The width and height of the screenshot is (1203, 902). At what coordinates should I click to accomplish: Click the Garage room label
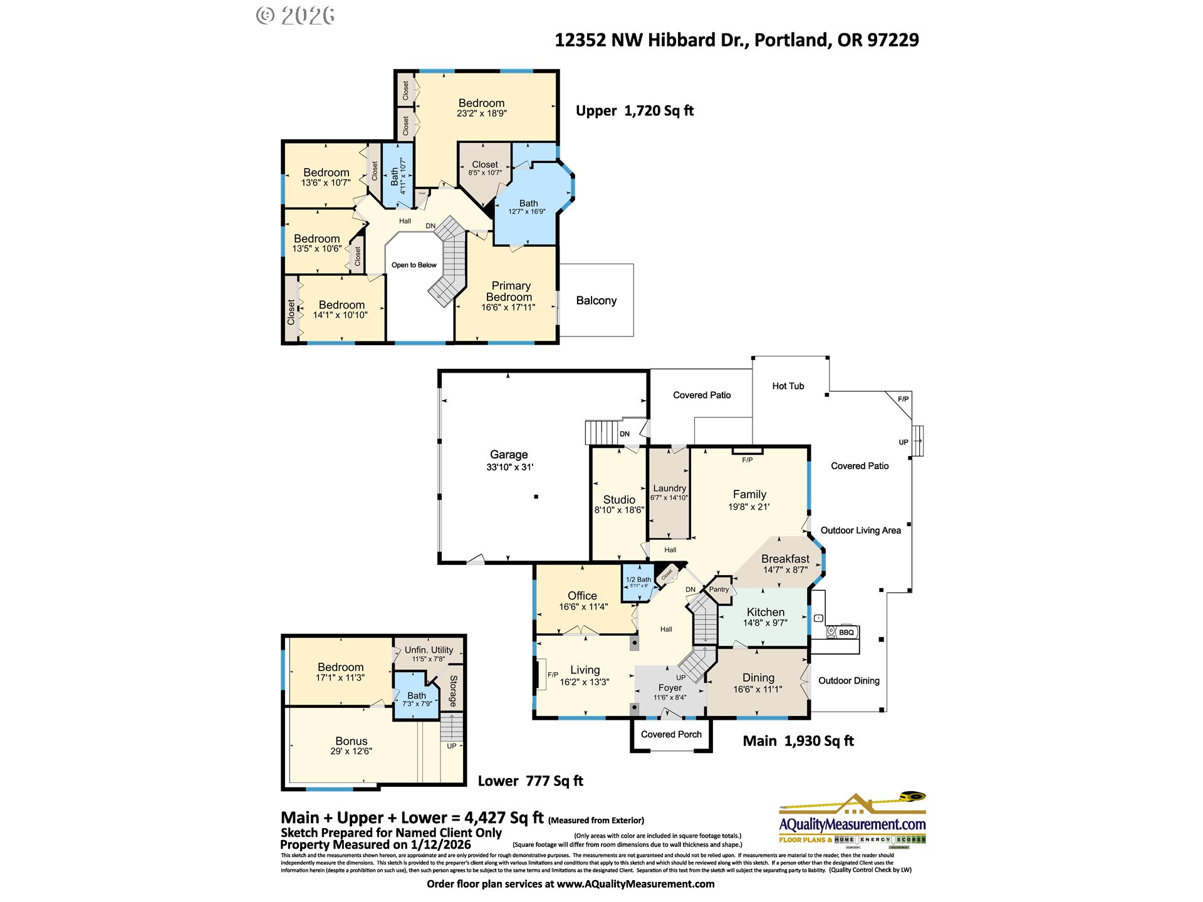pos(509,455)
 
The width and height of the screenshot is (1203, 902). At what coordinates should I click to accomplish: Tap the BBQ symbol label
pos(846,632)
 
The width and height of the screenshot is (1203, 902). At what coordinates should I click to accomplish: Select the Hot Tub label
pos(788,386)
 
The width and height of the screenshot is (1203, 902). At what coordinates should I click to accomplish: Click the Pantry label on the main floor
pos(719,589)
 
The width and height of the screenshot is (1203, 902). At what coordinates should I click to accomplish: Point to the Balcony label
pos(596,301)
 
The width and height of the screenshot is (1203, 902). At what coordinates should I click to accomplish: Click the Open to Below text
pos(414,265)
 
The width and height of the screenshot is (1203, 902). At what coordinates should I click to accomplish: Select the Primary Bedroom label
pos(510,291)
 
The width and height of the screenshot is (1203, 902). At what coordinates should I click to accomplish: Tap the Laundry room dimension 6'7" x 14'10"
pos(669,498)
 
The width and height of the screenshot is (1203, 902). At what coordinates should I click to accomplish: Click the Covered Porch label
pos(671,734)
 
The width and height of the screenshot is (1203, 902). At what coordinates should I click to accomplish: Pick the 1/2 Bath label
pos(638,579)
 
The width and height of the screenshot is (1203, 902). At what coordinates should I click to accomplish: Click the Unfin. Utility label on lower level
pos(429,650)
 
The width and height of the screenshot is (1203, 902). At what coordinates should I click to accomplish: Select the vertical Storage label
pos(453,690)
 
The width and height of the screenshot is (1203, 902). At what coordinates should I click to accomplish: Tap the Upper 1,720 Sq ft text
pos(634,111)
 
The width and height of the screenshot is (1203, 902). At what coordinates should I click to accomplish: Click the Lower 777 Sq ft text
pos(530,781)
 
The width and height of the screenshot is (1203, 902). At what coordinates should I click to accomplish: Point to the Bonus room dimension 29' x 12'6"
pos(351,751)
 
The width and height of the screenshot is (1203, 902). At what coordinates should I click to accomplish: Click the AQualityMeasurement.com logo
pos(852,824)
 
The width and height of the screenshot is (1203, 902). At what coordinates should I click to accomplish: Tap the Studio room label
pos(619,499)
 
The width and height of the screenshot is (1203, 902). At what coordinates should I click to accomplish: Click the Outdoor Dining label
pos(848,681)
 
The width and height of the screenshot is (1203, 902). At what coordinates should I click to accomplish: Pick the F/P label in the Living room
pos(553,675)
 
